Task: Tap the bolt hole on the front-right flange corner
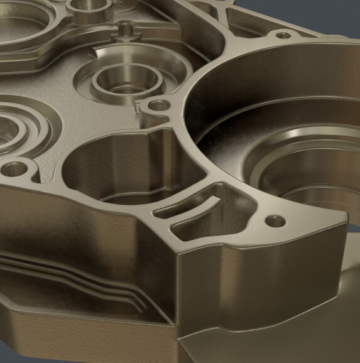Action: pos(273,220)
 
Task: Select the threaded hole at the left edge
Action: pos(14,168)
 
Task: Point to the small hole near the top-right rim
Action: pos(283,36)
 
